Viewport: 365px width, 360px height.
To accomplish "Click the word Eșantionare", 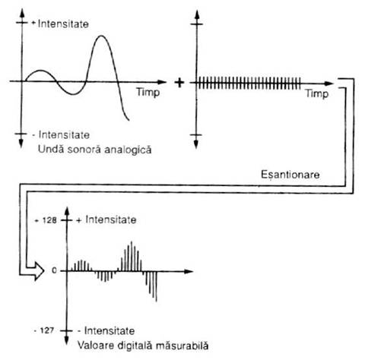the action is pos(290,175).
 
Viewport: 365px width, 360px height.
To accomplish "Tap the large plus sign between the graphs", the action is pos(179,83).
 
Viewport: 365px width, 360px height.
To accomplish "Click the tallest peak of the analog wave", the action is pos(101,36).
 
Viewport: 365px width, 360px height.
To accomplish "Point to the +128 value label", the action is pos(46,220).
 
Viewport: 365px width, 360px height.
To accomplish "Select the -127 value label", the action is pos(44,330).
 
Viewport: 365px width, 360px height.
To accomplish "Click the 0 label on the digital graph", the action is pos(54,270).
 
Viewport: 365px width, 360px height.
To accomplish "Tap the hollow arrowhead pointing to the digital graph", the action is pos(39,271).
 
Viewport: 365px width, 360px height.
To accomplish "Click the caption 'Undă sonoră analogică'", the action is pos(94,150).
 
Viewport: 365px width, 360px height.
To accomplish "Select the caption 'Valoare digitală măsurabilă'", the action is pos(143,346).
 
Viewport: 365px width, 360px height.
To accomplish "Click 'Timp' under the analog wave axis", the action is pos(148,92).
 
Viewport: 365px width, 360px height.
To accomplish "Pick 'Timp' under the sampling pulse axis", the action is pos(317,93).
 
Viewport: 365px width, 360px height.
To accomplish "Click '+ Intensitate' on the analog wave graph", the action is pos(60,24).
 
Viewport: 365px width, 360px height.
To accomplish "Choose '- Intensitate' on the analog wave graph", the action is pos(61,134).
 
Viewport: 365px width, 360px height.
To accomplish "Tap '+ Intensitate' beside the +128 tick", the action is pos(106,219).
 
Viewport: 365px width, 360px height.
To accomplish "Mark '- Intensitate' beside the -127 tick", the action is pos(106,330).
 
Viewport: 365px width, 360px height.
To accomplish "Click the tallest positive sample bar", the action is pos(132,256).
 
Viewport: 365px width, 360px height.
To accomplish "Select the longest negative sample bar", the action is pos(156,286).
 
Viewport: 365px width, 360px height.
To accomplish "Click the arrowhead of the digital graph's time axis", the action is pos(189,271).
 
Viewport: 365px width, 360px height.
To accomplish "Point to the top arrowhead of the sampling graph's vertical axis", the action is pos(197,14).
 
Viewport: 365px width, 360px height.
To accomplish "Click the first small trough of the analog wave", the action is pos(73,94).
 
